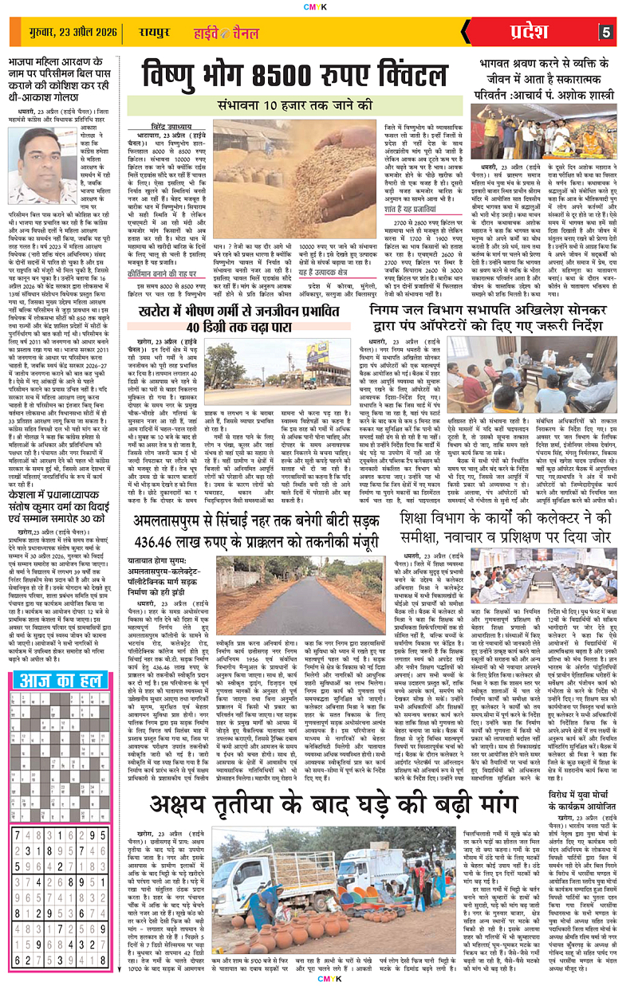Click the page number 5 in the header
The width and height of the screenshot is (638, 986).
coord(606,32)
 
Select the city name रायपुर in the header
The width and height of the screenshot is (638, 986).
coord(149,33)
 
